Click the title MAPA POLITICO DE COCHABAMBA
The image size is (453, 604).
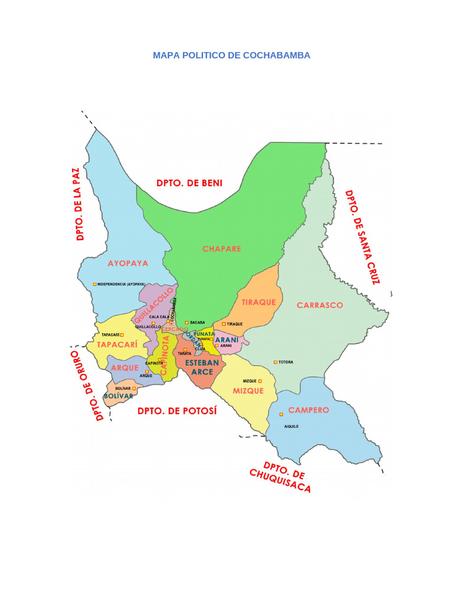tap(231, 55)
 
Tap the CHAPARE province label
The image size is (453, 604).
tap(222, 249)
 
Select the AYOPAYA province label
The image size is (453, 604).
tap(128, 263)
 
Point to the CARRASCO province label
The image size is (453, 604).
tap(320, 305)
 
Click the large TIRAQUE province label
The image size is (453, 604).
tap(259, 302)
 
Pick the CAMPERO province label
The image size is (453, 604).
tap(308, 410)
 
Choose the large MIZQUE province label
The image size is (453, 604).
tap(248, 390)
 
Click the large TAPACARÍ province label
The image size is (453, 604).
tap(117, 344)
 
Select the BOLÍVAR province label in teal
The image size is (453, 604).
tap(119, 396)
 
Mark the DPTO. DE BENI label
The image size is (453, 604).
tap(189, 183)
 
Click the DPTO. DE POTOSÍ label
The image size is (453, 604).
tap(177, 411)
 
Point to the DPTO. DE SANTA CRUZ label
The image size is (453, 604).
tap(362, 237)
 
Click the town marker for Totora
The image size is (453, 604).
tap(275, 362)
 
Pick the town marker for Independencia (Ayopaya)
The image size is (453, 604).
tap(94, 284)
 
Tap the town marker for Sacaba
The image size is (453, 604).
tap(187, 322)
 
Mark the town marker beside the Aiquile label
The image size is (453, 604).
tap(281, 414)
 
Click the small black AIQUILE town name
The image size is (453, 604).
tap(291, 426)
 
